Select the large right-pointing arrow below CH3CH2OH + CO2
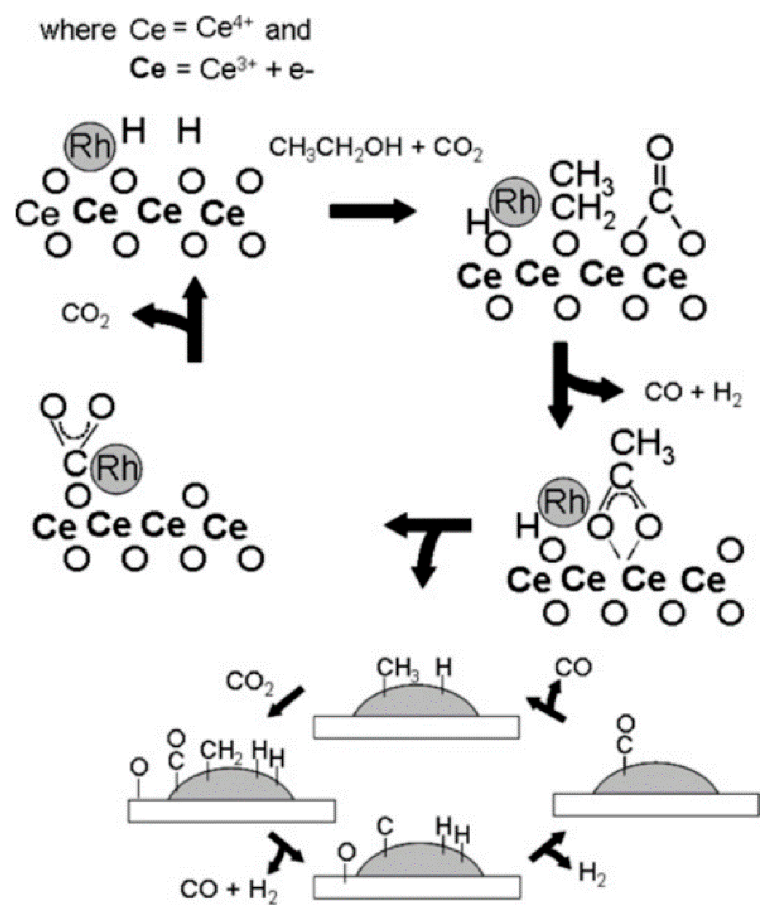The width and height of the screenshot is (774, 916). [372, 211]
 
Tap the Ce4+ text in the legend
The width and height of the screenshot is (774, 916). [224, 30]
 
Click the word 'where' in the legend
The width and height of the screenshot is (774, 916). [78, 30]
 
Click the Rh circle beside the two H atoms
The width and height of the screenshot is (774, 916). [90, 147]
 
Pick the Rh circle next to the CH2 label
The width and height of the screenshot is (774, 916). [514, 202]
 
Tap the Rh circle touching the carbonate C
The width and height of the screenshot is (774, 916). [117, 469]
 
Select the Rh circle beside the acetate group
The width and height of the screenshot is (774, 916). [563, 502]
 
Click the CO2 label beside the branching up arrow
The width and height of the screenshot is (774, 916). [86, 315]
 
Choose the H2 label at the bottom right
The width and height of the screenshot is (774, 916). [592, 873]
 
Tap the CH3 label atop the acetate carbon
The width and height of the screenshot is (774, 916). [642, 444]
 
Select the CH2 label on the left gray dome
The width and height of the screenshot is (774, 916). [221, 751]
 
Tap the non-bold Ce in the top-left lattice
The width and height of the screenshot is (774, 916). [37, 214]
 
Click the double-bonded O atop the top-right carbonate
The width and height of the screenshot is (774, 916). [660, 147]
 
